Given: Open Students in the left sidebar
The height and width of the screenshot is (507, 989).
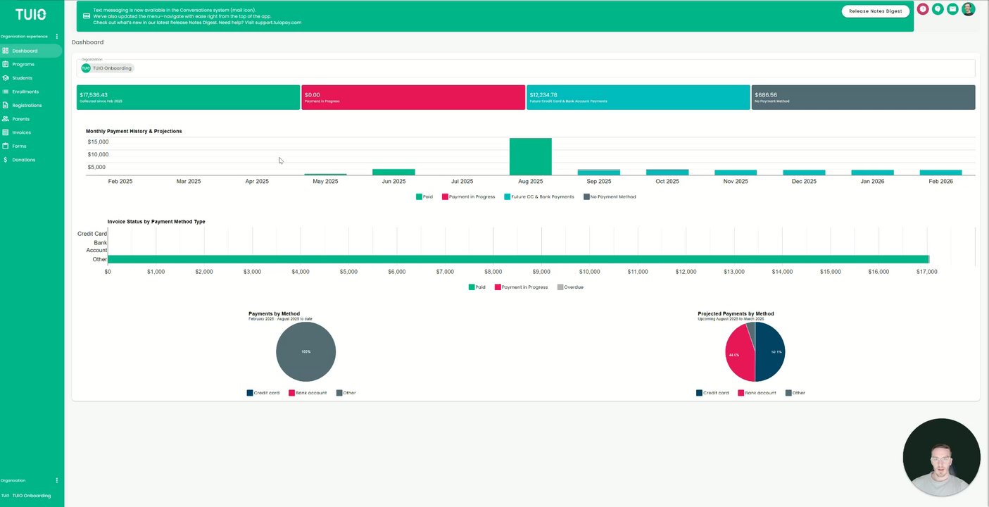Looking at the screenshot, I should (22, 78).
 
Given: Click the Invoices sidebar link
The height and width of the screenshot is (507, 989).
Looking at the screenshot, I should (21, 132).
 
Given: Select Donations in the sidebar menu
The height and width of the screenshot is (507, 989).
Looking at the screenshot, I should (23, 160).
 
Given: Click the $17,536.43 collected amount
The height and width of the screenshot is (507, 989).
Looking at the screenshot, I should (94, 94).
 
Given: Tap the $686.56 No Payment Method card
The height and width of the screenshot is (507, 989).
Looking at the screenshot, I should (766, 94).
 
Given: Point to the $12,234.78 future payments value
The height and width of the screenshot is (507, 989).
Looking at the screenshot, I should (543, 94).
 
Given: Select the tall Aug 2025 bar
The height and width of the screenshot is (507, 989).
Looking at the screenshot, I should (530, 156).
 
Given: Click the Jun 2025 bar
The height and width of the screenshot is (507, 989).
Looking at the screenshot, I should (393, 172).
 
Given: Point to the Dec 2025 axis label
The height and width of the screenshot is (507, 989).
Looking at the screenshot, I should (804, 182).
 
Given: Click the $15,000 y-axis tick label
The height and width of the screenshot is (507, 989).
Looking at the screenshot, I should (98, 142).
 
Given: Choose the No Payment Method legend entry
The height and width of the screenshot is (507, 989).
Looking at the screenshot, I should (610, 197).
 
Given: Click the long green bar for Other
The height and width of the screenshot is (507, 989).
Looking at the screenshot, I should (518, 259).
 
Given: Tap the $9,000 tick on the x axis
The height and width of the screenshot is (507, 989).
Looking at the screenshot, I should (541, 272).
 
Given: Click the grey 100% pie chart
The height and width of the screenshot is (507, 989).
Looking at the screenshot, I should (305, 352).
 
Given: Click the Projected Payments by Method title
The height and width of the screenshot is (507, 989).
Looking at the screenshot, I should (736, 314).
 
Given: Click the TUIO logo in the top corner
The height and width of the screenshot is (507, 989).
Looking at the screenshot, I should (31, 14).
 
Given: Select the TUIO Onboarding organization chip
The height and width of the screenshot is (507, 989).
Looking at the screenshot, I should (107, 68).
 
